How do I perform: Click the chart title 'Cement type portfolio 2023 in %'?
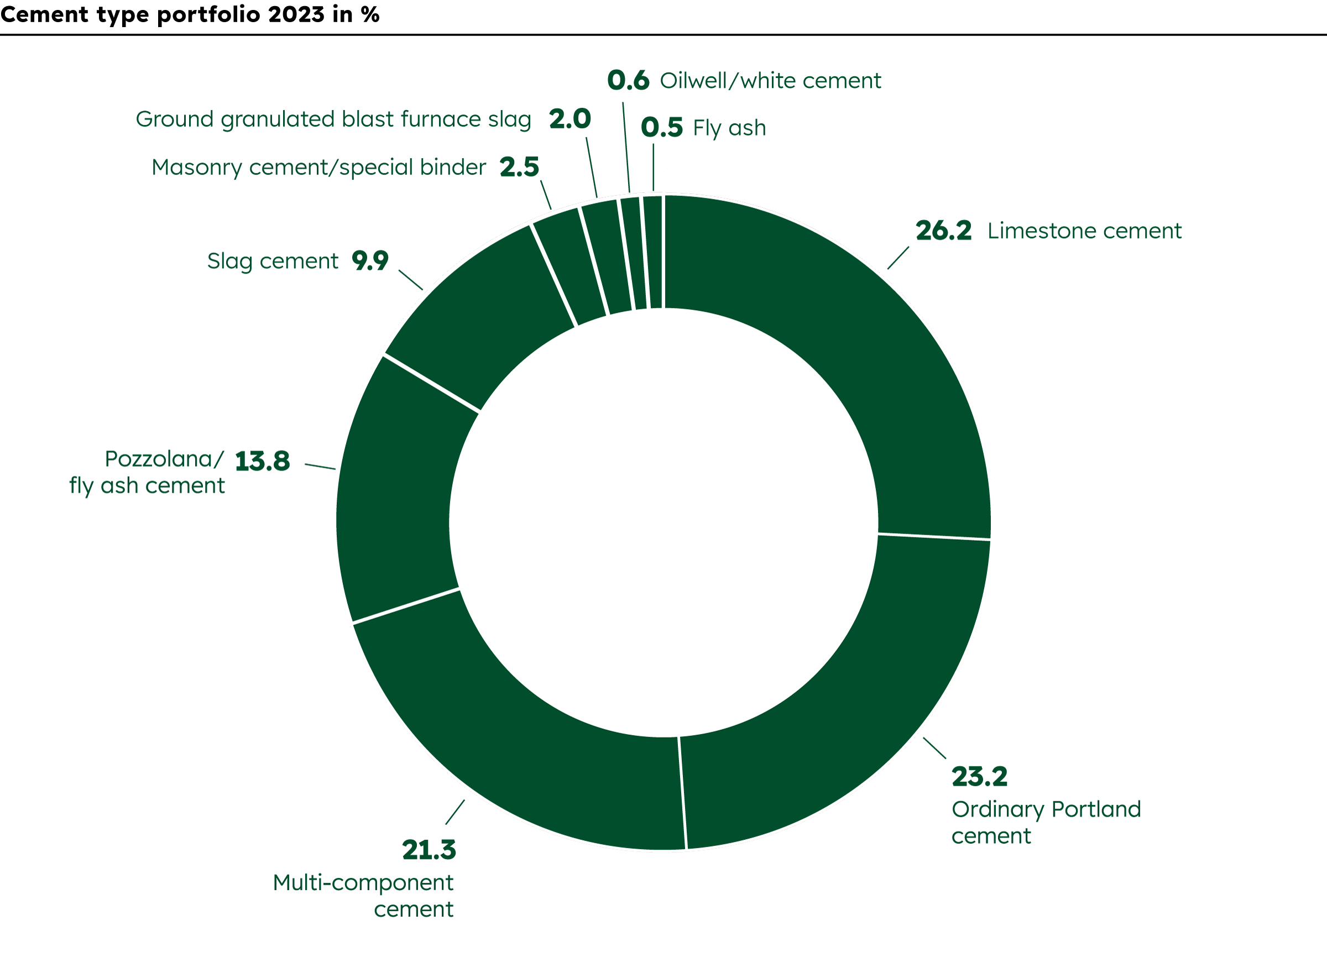pos(190,14)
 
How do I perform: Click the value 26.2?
pos(944,231)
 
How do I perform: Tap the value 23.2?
pos(979,777)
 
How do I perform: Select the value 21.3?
pos(429,850)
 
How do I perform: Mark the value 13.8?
pos(262,461)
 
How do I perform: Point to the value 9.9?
pos(370,260)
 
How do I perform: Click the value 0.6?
pos(628,81)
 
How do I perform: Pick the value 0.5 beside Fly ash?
pos(661,128)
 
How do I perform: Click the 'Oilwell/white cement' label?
pos(770,81)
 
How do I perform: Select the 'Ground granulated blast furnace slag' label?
pos(333,119)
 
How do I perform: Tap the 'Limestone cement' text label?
pos(1084,231)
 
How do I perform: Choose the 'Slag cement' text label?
pos(273,261)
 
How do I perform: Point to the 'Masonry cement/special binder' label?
pos(318,168)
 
